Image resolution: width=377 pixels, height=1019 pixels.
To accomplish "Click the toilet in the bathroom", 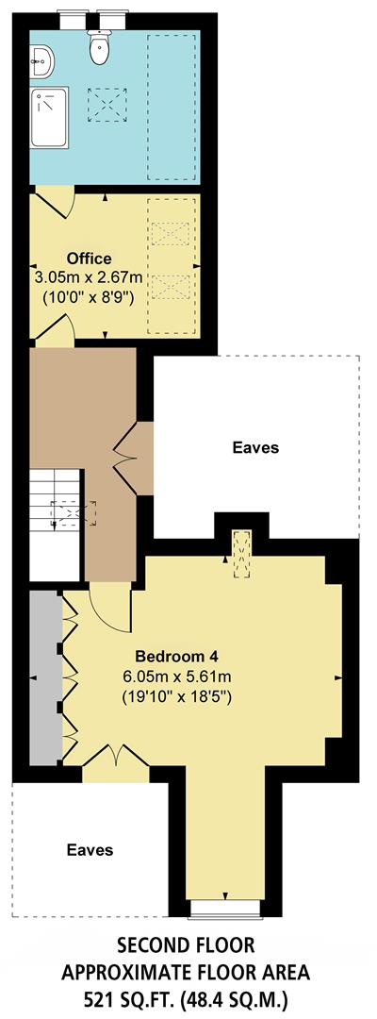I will (99, 47).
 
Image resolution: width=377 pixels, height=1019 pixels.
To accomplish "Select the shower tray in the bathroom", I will (48, 118).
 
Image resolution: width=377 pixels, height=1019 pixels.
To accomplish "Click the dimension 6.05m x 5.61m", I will (177, 677).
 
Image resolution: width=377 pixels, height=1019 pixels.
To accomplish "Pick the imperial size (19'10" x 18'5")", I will (177, 697).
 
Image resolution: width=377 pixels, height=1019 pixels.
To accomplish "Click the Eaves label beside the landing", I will (255, 447).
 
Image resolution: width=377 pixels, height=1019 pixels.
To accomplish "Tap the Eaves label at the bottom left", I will (90, 850).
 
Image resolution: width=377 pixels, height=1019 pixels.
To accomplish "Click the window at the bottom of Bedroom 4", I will (224, 908).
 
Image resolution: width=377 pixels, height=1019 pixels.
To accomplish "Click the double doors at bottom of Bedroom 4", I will (117, 757).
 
